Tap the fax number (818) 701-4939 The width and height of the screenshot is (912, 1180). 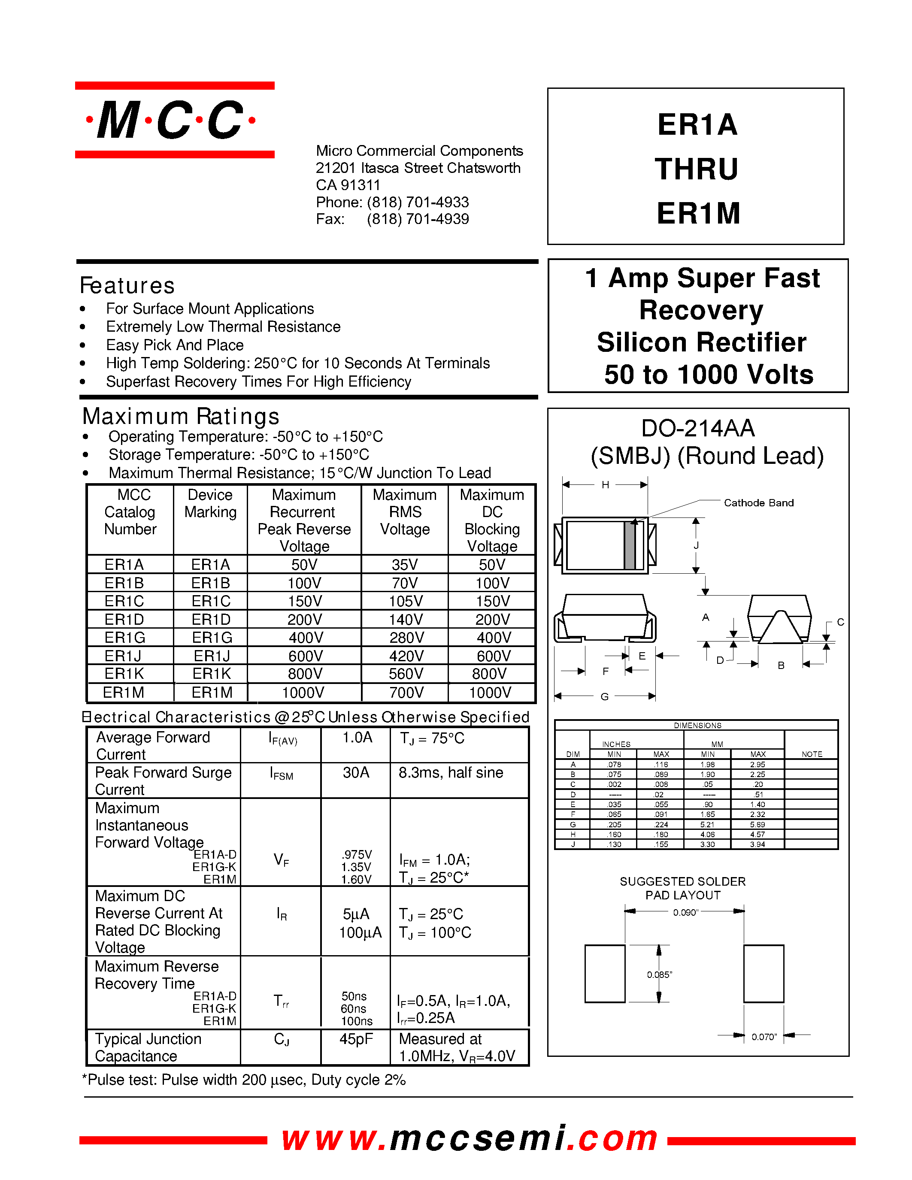418,219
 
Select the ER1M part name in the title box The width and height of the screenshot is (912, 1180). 697,213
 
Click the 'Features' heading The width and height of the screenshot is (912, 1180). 127,285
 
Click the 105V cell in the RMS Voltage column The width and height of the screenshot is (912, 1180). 405,601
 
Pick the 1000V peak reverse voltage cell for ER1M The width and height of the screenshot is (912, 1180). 303,692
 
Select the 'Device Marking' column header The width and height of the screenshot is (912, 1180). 210,504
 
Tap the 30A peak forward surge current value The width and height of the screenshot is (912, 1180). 356,773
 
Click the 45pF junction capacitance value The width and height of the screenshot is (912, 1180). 356,1039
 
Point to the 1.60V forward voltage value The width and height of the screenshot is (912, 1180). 356,879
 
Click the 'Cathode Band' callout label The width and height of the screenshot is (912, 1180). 758,502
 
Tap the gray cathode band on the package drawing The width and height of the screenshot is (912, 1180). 630,545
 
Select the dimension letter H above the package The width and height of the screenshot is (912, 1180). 605,484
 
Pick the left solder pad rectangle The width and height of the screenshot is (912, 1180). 605,974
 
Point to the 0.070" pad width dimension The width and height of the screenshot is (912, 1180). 764,1037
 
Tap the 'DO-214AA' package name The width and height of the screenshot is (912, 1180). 697,429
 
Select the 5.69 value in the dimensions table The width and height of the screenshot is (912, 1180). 757,824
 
